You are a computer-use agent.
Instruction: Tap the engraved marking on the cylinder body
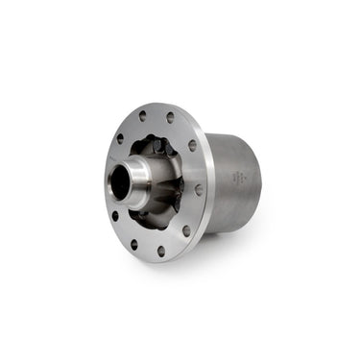pyautogui.click(x=239, y=178)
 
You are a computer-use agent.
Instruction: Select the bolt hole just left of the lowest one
pyautogui.click(x=133, y=245)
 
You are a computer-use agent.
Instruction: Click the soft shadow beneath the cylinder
pyautogui.click(x=240, y=240)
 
